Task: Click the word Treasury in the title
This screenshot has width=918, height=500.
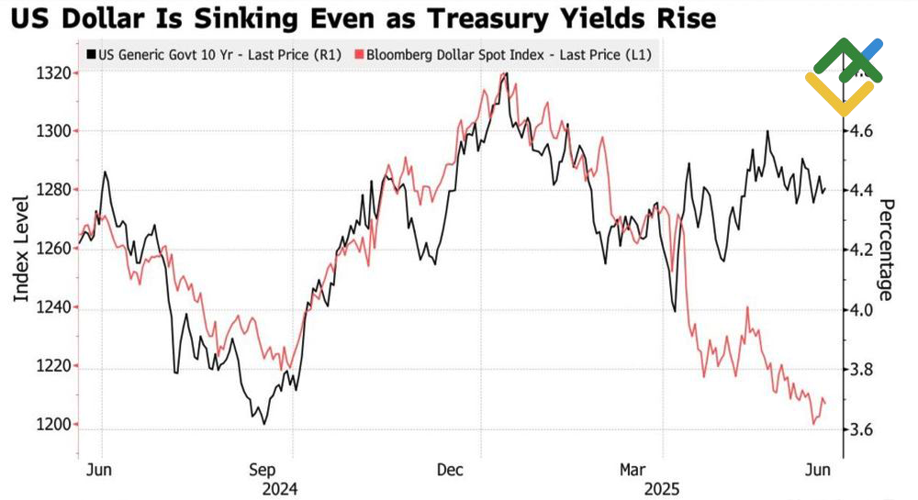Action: (486, 18)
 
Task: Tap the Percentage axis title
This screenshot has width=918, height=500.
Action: (886, 250)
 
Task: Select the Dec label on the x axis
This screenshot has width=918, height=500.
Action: (450, 470)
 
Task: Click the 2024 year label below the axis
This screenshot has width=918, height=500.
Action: (279, 488)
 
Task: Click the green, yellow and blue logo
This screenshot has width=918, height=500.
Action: (844, 75)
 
